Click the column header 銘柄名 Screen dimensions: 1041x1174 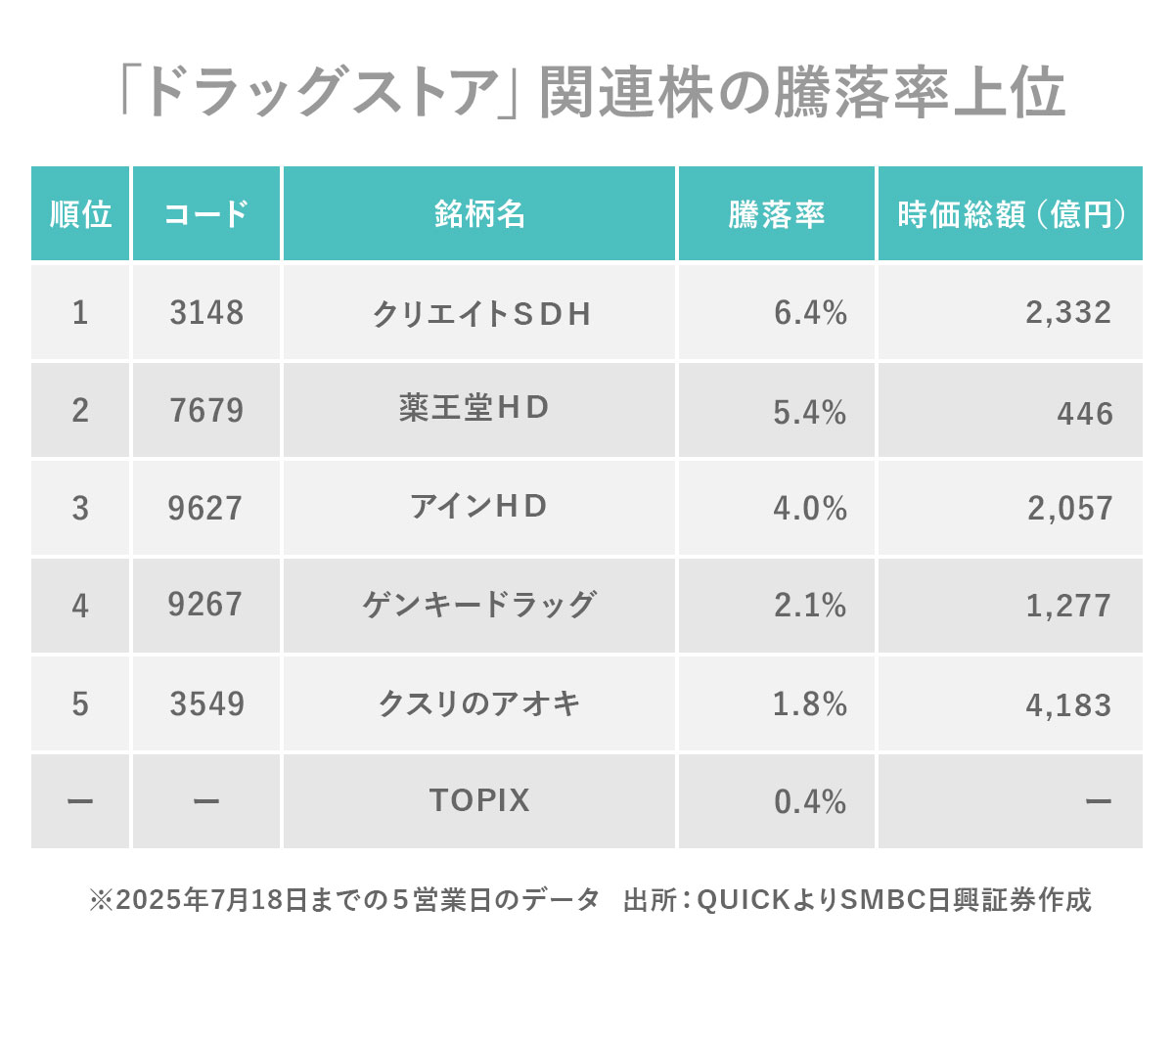coord(479,214)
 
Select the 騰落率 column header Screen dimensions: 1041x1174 coord(776,214)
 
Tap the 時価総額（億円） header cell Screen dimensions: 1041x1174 coord(1011,214)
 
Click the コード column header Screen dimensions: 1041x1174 coord(205,214)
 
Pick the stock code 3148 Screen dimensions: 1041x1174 coord(205,313)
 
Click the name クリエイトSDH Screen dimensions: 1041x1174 coord(481,314)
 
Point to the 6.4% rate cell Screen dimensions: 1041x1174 coord(810,313)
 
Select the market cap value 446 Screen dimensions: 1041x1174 coord(1085,413)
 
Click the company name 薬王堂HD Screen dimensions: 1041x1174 coord(474,407)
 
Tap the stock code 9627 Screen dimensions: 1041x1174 coord(204,509)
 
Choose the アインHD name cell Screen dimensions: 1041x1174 coord(478,506)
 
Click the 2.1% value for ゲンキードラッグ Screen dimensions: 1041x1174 coord(810,606)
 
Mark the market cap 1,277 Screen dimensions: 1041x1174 coord(1068,606)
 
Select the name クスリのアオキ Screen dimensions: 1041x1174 coord(479,703)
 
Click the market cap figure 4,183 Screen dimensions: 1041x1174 coord(1068,704)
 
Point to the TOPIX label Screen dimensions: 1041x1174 coord(479,800)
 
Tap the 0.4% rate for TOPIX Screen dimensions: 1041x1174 coord(810,802)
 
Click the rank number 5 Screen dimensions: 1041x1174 coord(80,704)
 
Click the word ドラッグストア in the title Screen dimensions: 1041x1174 coord(319,94)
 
